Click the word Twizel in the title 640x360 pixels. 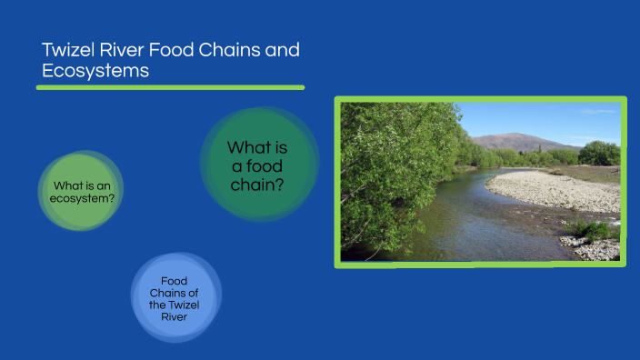68,51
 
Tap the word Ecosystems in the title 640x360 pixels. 95,71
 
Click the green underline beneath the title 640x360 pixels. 170,87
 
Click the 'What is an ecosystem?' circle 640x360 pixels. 82,191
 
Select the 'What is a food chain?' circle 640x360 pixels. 259,164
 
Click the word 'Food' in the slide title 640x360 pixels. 174,51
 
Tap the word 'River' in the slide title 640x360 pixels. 118,51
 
